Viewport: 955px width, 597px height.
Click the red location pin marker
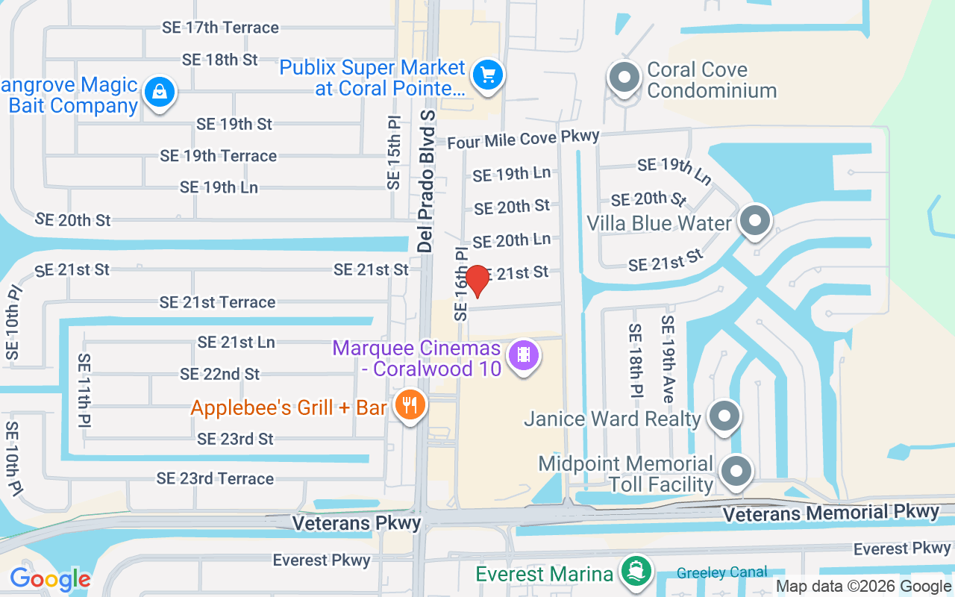pos(477,281)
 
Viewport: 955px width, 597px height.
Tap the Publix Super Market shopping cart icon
pos(488,75)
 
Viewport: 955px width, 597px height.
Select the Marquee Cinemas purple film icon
pos(524,354)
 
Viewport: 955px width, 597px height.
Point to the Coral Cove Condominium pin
pos(624,78)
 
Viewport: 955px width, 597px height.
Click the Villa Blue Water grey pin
pos(755,221)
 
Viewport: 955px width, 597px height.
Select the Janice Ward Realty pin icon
pos(723,416)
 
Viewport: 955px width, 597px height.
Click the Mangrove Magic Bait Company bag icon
pos(159,93)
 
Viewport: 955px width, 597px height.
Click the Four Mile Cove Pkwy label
pos(523,139)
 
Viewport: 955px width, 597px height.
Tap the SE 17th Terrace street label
pos(221,28)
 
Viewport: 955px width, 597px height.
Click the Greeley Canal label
pos(721,573)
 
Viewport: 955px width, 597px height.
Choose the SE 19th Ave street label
pos(668,359)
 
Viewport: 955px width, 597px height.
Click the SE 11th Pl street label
pos(84,390)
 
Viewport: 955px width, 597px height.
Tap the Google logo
pos(50,579)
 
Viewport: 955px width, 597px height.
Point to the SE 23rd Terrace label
pos(215,478)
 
